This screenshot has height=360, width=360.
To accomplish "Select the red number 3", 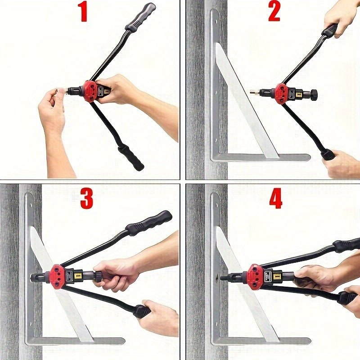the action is point(86,198).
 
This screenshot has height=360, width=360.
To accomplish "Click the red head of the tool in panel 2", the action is point(280,94).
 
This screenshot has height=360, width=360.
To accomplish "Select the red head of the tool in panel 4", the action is point(254,275).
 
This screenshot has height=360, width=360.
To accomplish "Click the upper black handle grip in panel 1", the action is point(140,17).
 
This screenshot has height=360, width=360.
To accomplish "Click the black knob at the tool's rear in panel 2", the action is point(315,95).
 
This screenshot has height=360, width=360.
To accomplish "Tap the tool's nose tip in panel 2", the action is point(252,92).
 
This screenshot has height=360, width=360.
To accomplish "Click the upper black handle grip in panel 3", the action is point(149,223).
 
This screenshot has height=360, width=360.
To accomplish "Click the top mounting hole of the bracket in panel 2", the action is point(216,22).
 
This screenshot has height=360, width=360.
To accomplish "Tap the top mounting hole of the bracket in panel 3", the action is point(30,204).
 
